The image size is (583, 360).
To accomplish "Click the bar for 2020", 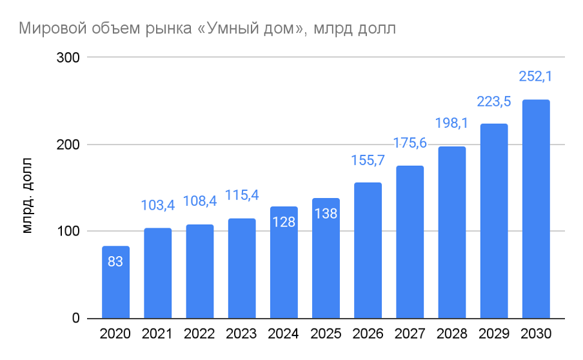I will tap(115, 283).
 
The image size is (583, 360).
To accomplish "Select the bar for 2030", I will tap(535, 209).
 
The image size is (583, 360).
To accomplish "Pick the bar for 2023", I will tap(242, 268).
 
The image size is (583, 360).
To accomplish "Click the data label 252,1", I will tap(535, 77).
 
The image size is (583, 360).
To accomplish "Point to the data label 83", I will tap(115, 262).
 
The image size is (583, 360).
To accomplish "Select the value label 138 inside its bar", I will tap(326, 213).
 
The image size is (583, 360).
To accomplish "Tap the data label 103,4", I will tap(158, 205).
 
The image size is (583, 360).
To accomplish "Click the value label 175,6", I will tap(410, 143).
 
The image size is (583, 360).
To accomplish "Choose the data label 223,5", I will tap(493, 101).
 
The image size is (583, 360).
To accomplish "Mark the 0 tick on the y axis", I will tap(75, 318).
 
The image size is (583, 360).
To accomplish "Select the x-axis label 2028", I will tap(451, 334).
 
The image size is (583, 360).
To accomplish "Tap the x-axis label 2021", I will tap(158, 334).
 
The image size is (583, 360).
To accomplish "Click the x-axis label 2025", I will tap(326, 334).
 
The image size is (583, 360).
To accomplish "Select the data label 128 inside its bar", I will tap(284, 222).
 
